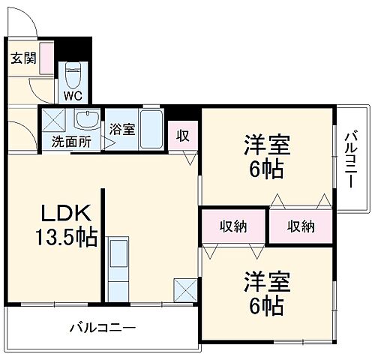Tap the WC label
(x=73, y=95)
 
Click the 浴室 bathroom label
(x=122, y=128)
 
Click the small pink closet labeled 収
(x=181, y=136)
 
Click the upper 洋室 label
(x=266, y=143)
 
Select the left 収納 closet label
(x=232, y=226)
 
